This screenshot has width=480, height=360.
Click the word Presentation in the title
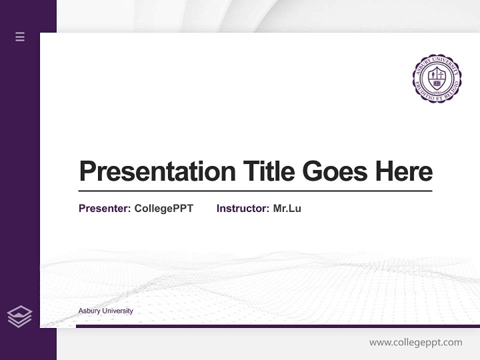point(157,171)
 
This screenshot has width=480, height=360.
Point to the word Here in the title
point(404,171)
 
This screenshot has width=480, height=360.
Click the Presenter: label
point(105,208)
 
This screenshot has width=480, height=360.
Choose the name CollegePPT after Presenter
point(163,208)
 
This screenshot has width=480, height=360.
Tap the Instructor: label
point(243,208)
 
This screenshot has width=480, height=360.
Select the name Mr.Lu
point(287,208)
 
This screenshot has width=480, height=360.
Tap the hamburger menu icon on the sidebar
point(20,36)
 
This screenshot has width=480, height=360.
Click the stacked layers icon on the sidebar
point(19,316)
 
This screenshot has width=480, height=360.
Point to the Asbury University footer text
point(105,311)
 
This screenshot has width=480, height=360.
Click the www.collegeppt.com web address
point(415,342)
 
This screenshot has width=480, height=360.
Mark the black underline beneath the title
point(255,191)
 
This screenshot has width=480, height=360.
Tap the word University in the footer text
point(118,311)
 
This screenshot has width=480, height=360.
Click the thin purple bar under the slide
point(277,326)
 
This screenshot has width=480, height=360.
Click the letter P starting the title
point(86,171)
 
